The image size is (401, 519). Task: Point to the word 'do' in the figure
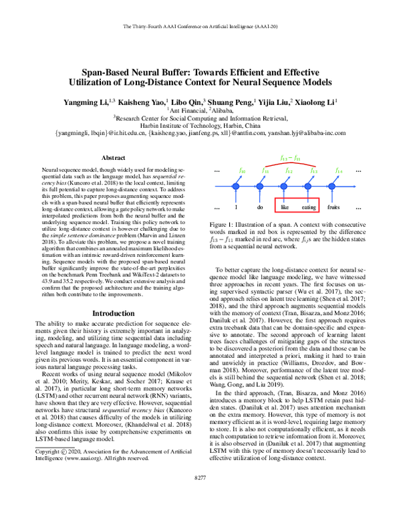[x=261, y=207]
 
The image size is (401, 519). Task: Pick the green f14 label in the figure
[x=339, y=172]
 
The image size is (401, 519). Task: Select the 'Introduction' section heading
[x=112, y=312]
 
